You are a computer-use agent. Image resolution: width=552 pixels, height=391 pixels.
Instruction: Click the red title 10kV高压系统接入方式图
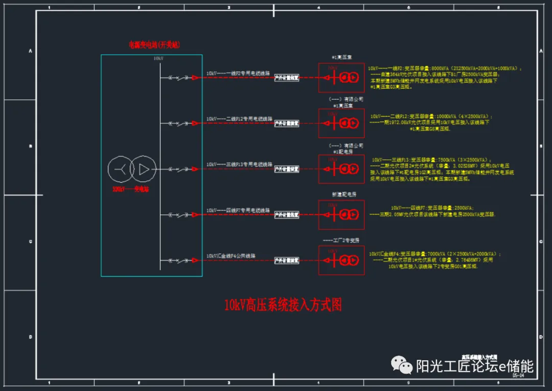coord(283,306)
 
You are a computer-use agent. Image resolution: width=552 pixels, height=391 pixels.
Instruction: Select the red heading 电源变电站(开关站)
coord(154,45)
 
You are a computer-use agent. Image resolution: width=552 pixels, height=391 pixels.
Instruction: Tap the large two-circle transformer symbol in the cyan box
coord(132,169)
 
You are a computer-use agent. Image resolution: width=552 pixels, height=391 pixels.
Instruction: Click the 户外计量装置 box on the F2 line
coord(287,78)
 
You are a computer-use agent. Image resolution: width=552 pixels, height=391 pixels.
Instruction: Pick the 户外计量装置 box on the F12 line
coord(287,123)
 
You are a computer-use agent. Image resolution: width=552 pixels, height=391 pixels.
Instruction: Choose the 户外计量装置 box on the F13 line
coord(287,169)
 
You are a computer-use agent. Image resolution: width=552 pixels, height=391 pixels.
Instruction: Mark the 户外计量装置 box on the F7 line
coord(287,215)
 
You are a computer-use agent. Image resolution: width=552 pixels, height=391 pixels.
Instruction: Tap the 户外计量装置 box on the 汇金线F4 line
coord(287,260)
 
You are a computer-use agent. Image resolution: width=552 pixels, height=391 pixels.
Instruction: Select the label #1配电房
coord(341,151)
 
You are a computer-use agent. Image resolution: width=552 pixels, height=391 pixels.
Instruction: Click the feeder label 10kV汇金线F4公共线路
coord(231,255)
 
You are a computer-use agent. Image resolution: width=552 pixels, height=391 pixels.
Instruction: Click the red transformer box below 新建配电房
coord(341,215)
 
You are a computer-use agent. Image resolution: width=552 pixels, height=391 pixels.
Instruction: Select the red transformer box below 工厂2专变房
coord(341,260)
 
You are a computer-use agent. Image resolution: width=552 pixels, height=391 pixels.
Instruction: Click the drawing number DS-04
coord(519,375)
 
